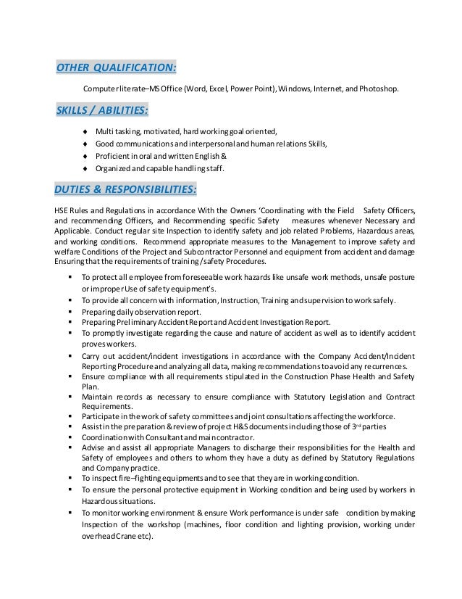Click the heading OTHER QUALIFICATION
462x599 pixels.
point(116,68)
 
